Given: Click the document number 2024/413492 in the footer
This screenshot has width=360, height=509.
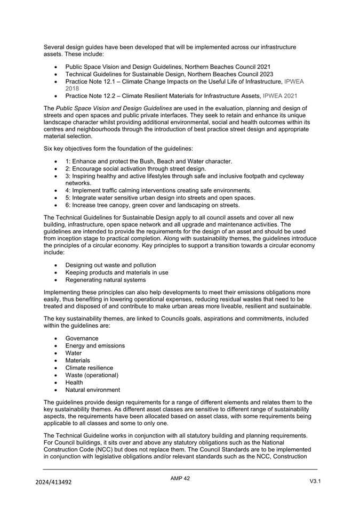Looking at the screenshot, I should (53, 482).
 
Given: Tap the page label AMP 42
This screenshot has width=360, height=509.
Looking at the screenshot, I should (180, 479).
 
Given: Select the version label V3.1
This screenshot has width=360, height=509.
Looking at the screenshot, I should (315, 481).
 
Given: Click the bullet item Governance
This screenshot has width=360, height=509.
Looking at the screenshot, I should (82, 338).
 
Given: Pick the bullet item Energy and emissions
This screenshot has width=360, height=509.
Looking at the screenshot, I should (95, 346).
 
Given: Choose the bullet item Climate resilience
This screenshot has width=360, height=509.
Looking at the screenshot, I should (89, 368).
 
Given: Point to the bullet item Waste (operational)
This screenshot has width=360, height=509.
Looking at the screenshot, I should (92, 375).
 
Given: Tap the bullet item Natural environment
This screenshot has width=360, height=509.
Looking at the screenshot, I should (92, 390).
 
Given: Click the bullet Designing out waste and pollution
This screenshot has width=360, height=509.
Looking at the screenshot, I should (110, 265).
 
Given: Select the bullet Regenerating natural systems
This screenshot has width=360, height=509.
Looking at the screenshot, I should (105, 280).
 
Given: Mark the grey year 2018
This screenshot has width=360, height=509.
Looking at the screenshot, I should (72, 88).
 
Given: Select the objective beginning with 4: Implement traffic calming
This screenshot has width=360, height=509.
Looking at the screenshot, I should (158, 190).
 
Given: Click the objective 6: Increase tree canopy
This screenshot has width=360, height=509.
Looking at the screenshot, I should (152, 205).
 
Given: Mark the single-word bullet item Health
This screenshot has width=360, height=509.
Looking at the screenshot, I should (74, 382).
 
